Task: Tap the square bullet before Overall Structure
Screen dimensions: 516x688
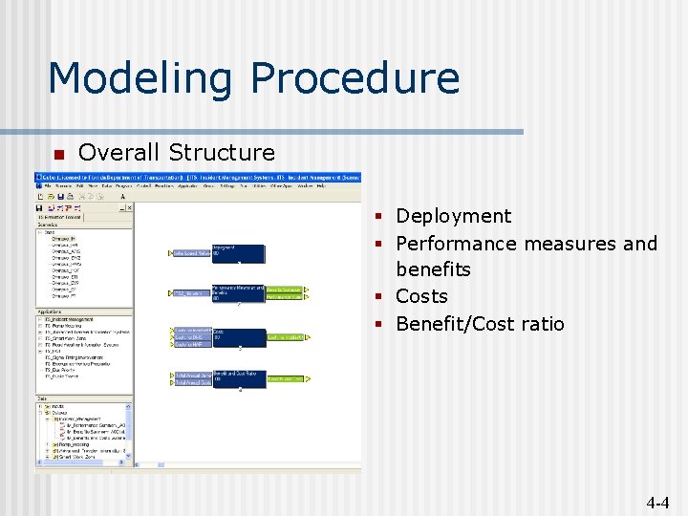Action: [57, 154]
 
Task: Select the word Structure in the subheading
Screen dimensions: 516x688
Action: [222, 152]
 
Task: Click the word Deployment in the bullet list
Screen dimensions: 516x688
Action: [454, 216]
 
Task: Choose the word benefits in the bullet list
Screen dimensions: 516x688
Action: [433, 269]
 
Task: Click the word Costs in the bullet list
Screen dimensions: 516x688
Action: [421, 296]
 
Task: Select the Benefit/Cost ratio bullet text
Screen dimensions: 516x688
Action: [480, 323]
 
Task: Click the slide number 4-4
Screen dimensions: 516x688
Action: [657, 502]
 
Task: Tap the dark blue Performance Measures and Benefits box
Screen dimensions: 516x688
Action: [237, 292]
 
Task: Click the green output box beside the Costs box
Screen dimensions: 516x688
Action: [284, 337]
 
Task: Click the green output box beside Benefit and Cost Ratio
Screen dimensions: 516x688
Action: [284, 379]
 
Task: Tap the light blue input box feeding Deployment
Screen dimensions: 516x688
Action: [190, 253]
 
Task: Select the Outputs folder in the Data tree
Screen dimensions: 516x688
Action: [59, 412]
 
